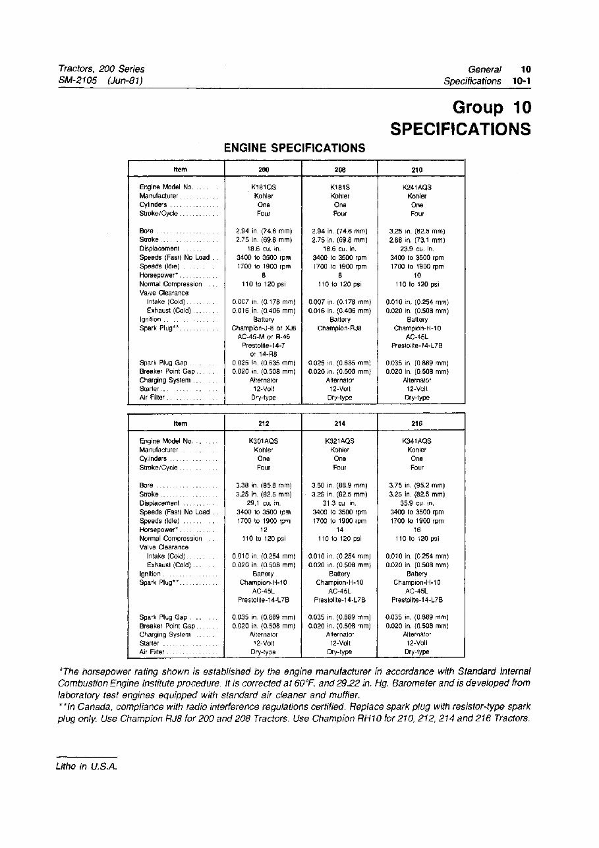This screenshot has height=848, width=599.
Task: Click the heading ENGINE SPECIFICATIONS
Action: (295, 148)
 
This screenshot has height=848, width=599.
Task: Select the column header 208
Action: (340, 170)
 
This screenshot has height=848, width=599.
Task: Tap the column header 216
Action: (416, 423)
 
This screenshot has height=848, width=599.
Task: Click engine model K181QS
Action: (264, 187)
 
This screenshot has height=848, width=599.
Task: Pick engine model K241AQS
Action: (416, 187)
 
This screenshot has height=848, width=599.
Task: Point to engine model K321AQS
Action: (340, 441)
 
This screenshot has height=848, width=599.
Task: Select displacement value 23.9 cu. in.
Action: (416, 249)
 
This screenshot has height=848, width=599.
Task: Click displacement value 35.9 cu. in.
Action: (416, 503)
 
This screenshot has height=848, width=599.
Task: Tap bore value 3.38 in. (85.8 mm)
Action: (264, 485)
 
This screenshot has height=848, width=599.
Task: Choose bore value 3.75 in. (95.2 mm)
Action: (416, 485)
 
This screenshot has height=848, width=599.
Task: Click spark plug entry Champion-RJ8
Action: (340, 328)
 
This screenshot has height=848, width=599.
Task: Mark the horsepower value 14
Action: (340, 530)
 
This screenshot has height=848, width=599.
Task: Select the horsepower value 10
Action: (416, 275)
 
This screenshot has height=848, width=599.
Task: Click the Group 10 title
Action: (492, 107)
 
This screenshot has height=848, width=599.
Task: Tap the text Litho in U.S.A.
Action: (86, 766)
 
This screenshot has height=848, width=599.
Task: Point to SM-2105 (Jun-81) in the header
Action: (100, 80)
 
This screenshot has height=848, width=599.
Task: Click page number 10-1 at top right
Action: (521, 81)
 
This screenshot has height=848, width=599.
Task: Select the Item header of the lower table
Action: (179, 423)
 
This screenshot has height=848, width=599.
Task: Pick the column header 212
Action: (264, 423)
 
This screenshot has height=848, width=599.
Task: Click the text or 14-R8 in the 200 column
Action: (264, 354)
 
